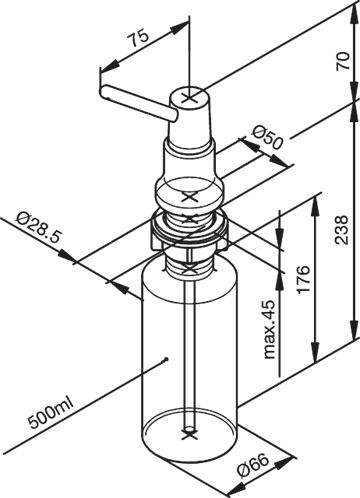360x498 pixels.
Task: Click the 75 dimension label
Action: (x=139, y=38)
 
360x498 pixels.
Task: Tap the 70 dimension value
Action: (x=343, y=60)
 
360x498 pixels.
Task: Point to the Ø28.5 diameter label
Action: (x=37, y=229)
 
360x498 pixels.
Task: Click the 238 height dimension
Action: (x=341, y=230)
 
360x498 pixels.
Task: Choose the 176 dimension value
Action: (x=303, y=279)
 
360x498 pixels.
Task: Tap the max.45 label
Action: (x=269, y=329)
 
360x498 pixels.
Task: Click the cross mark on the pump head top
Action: (x=190, y=97)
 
